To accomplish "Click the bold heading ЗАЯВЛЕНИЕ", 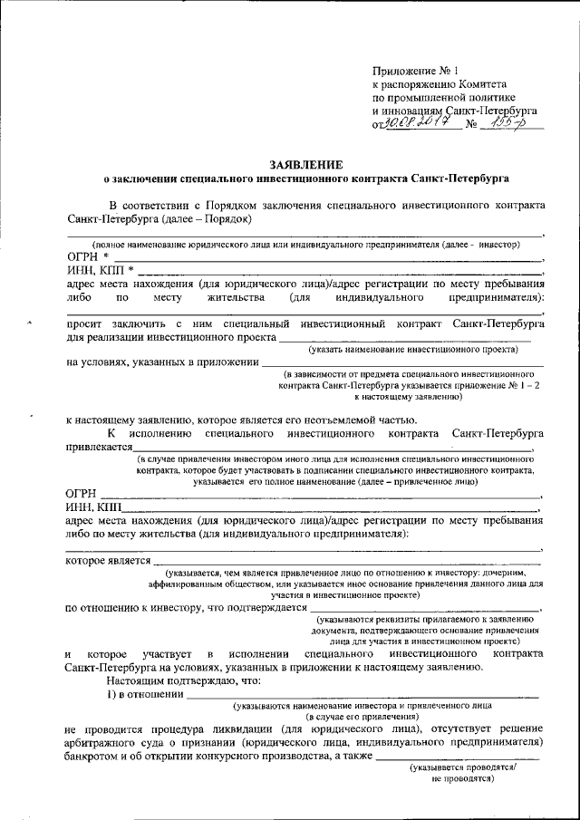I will pyautogui.click(x=305, y=164).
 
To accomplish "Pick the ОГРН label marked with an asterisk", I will pyautogui.click(x=88, y=257).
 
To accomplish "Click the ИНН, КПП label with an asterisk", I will pyautogui.click(x=101, y=270).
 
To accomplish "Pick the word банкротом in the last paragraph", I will pyautogui.click(x=96, y=756).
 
